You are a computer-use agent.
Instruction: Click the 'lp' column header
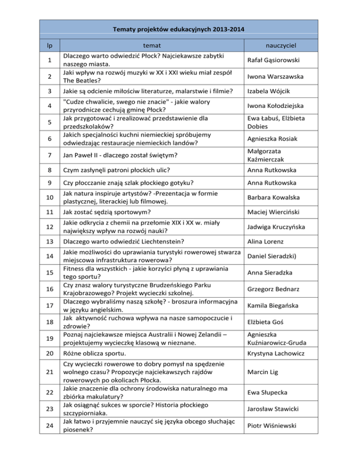[49, 45]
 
